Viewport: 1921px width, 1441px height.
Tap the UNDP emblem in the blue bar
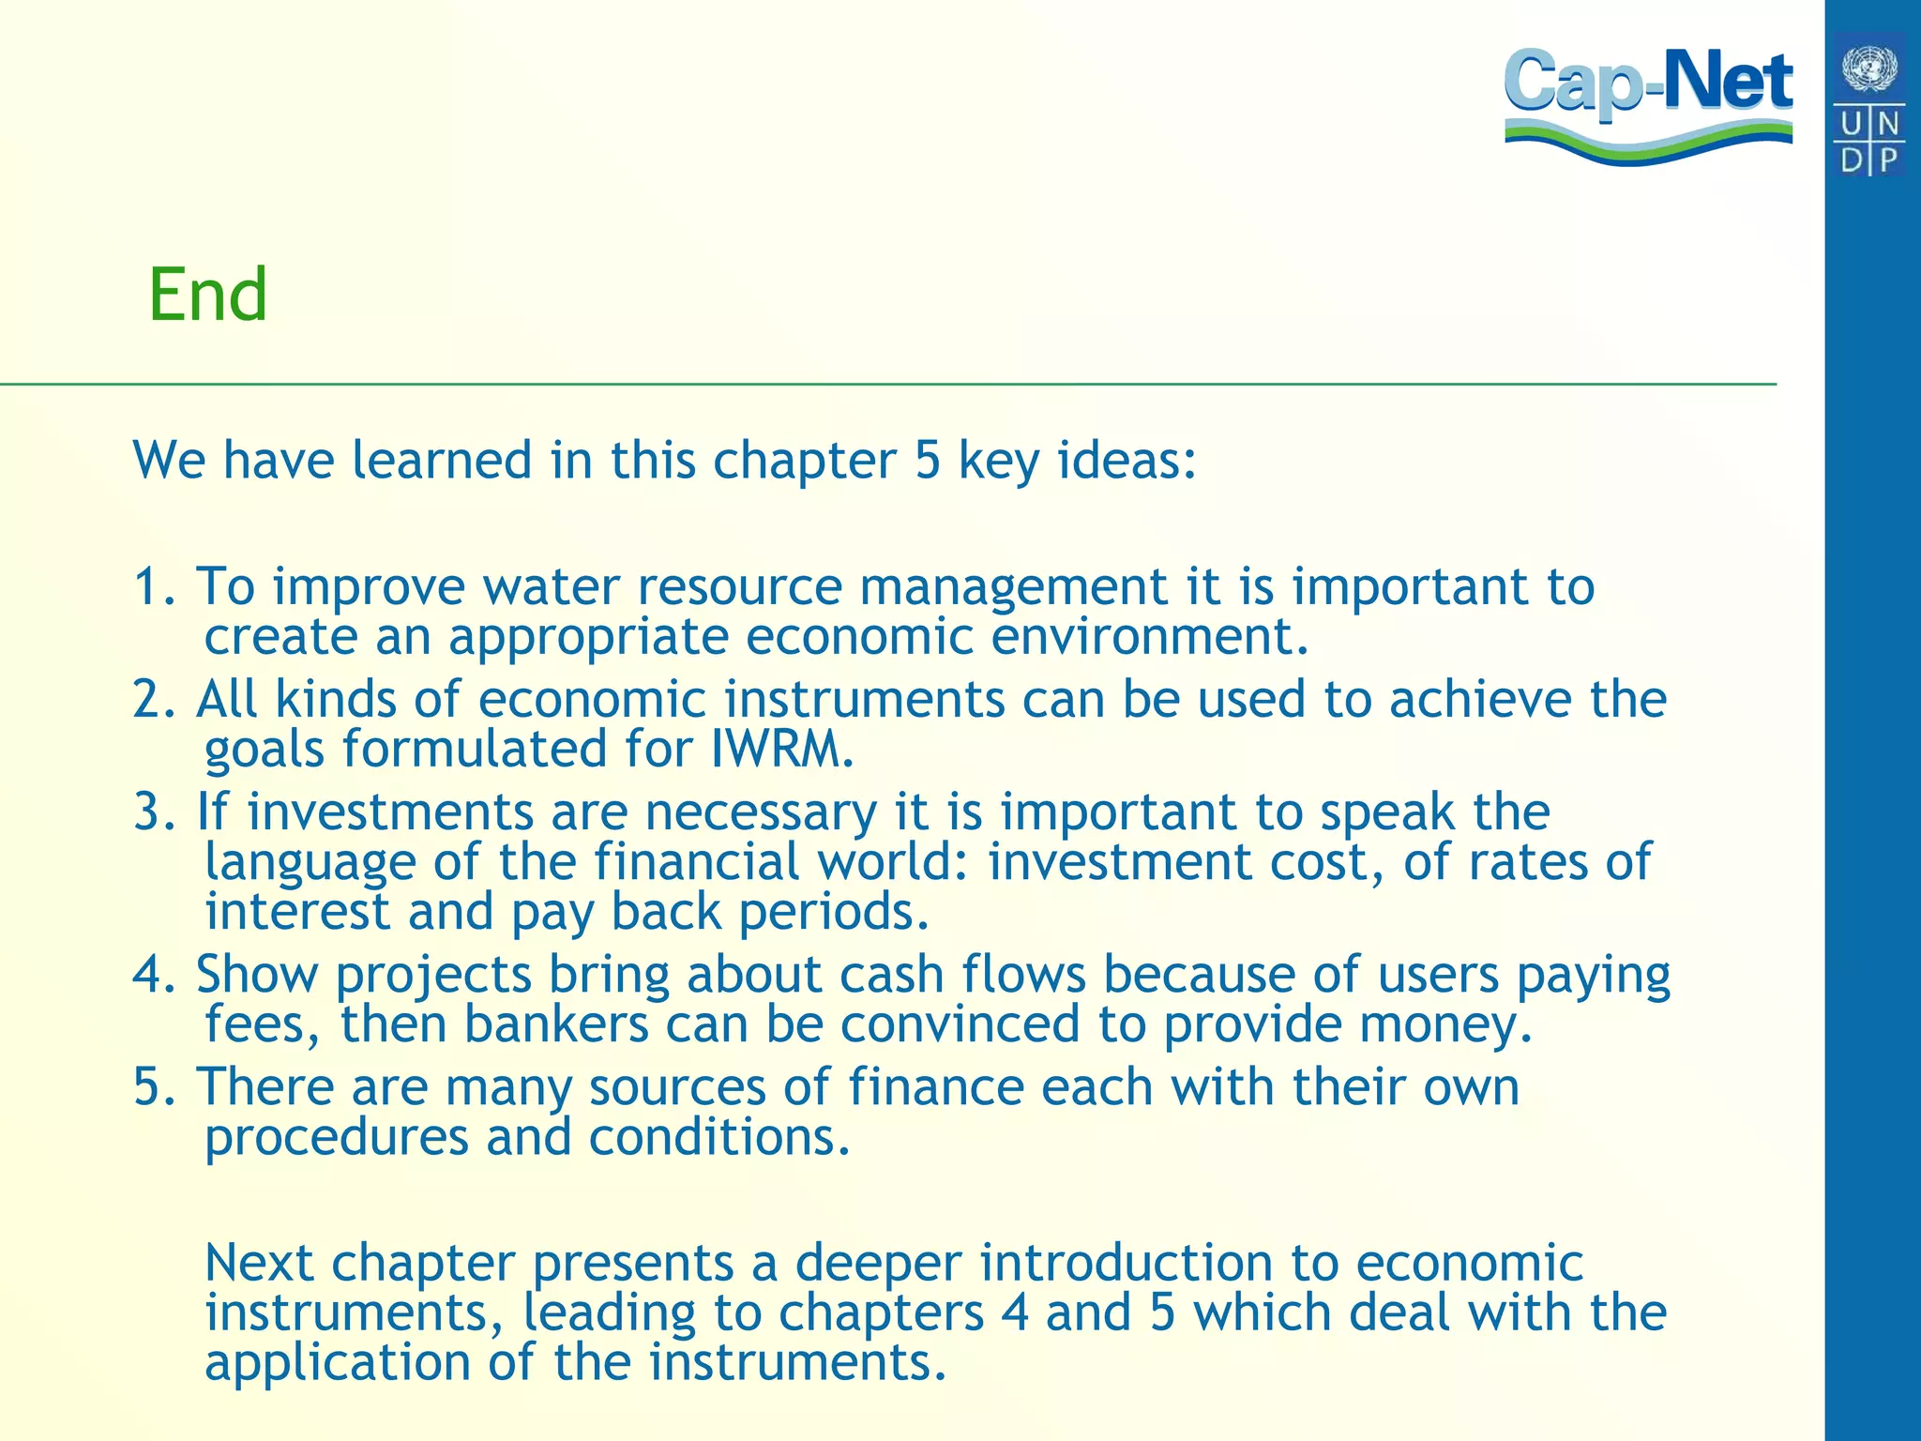tap(1869, 103)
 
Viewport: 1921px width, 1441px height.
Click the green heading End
tap(207, 296)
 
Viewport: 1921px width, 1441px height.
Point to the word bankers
tap(556, 1024)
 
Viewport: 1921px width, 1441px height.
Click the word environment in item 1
tap(1149, 637)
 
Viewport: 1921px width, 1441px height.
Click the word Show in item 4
tap(256, 975)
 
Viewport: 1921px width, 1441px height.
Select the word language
tap(310, 863)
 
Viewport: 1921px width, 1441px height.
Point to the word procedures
tap(336, 1138)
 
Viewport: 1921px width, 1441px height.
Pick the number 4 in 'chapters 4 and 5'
tap(1015, 1313)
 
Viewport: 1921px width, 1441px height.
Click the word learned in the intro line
tap(442, 461)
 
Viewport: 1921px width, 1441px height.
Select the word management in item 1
tap(1014, 587)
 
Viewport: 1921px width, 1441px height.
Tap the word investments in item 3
tap(390, 812)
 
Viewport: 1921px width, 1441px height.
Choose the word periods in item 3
tap(834, 913)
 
